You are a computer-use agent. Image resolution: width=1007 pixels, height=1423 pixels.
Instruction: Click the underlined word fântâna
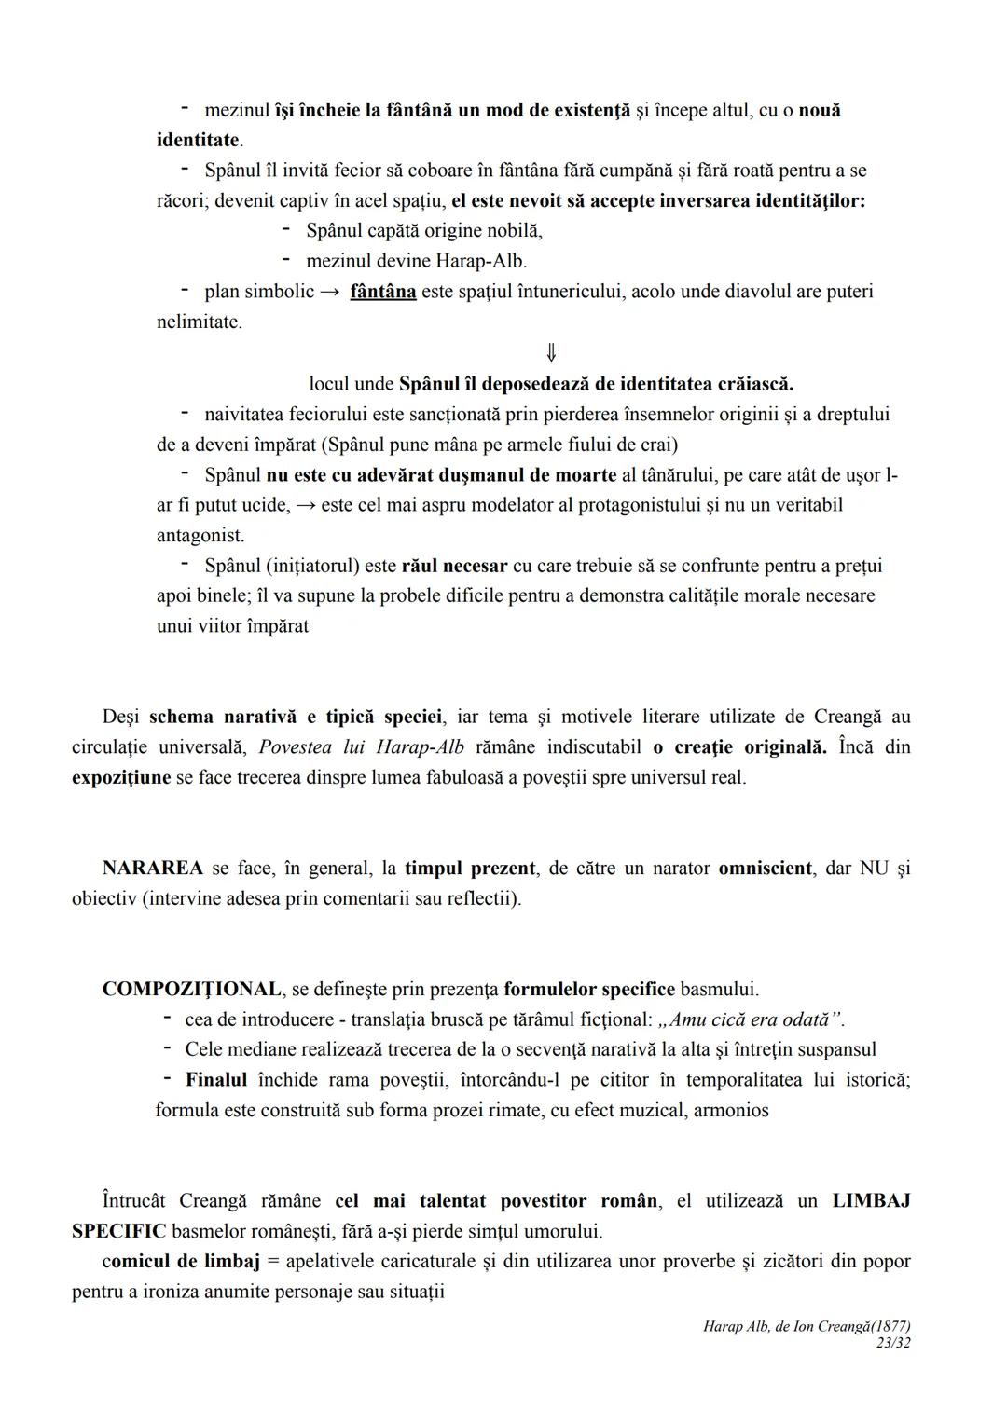pyautogui.click(x=382, y=292)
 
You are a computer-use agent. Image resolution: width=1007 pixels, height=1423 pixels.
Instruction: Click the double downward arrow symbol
pyautogui.click(x=551, y=352)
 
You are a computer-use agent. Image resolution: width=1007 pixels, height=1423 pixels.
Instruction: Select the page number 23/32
pyautogui.click(x=893, y=1343)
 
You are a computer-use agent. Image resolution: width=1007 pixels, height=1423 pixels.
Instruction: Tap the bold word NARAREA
pyautogui.click(x=152, y=869)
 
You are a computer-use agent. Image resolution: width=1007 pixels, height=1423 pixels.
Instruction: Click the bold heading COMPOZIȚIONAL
pyautogui.click(x=191, y=989)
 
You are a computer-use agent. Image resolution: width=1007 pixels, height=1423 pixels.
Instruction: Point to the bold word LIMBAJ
pyautogui.click(x=871, y=1201)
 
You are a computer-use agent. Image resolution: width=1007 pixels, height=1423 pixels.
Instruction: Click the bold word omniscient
pyautogui.click(x=765, y=869)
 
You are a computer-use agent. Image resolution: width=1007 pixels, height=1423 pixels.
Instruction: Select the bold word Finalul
pyautogui.click(x=216, y=1080)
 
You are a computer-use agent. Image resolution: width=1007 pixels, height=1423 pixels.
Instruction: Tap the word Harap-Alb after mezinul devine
pyautogui.click(x=481, y=261)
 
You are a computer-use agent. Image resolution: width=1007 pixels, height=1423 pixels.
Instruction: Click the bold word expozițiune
pyautogui.click(x=121, y=777)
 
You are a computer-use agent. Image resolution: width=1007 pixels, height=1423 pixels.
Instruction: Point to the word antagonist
pyautogui.click(x=199, y=536)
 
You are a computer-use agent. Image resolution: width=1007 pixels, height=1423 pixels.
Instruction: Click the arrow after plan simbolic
pyautogui.click(x=330, y=292)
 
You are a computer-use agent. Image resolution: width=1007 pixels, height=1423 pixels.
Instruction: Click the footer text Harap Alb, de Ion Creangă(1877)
pyautogui.click(x=807, y=1326)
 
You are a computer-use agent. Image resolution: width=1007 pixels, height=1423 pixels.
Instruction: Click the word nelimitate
pyautogui.click(x=198, y=322)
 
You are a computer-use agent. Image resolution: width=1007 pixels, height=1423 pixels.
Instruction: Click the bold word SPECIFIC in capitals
pyautogui.click(x=118, y=1231)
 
